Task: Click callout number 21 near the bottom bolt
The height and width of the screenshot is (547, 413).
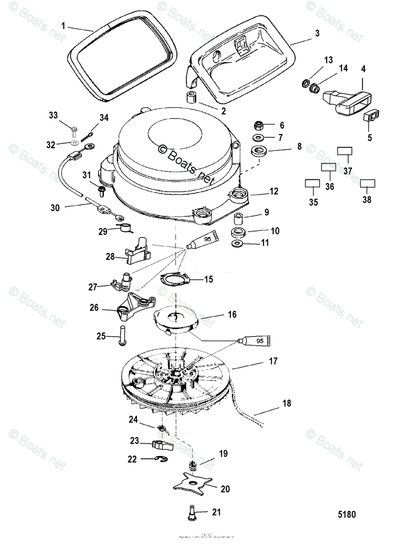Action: coord(216,512)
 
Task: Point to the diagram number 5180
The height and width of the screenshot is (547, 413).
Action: coord(346,515)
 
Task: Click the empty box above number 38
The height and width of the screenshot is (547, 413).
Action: coord(367,183)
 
